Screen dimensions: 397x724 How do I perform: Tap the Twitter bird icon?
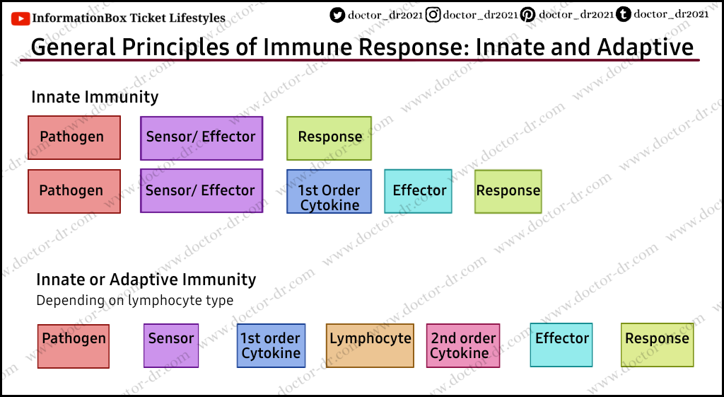[338, 14]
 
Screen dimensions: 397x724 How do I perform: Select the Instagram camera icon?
[433, 14]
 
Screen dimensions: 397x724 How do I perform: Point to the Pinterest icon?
[528, 14]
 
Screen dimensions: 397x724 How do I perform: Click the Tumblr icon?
[624, 13]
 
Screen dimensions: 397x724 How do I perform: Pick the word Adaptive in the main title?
[645, 47]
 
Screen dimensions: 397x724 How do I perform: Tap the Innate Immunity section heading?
[95, 97]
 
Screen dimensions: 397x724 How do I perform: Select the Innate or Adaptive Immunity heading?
[146, 280]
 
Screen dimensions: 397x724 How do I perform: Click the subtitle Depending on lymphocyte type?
[134, 300]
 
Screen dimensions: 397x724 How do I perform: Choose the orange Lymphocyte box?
[370, 345]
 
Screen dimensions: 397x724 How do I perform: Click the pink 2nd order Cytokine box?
[463, 345]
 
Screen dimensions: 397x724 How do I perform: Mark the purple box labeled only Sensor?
[171, 345]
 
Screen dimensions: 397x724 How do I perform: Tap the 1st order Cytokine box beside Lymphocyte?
[271, 345]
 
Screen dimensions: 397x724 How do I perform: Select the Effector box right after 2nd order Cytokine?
[561, 345]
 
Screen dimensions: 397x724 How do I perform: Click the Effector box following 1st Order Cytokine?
[419, 191]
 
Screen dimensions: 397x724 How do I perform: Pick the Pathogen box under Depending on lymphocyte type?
[74, 345]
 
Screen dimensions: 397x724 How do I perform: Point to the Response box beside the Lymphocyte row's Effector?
[657, 345]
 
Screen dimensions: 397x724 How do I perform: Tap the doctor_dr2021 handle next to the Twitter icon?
[385, 14]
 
